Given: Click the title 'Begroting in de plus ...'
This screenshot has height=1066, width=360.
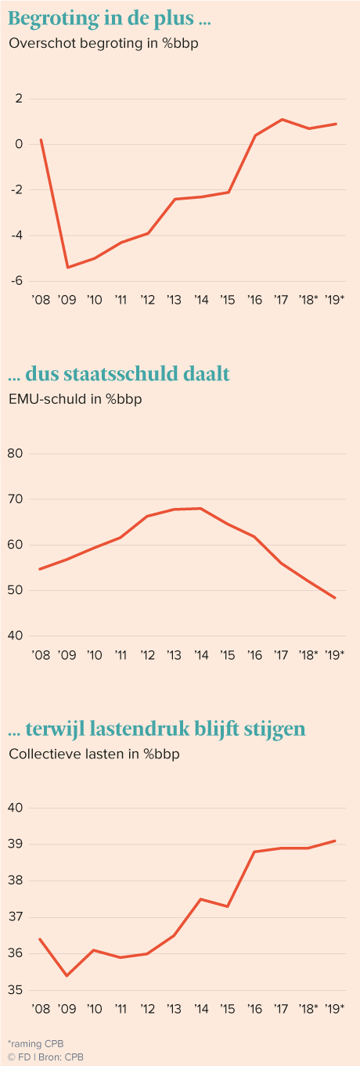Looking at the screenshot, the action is pyautogui.click(x=110, y=19).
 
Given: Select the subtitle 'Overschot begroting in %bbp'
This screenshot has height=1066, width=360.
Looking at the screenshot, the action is pyautogui.click(x=103, y=43).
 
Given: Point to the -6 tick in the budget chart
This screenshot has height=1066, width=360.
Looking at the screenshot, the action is pyautogui.click(x=16, y=281).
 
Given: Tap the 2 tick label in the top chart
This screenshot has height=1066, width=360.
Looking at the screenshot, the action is pyautogui.click(x=19, y=99).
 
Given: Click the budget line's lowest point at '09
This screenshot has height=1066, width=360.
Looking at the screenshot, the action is pyautogui.click(x=67, y=268).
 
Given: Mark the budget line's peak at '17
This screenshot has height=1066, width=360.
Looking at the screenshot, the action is pyautogui.click(x=282, y=119).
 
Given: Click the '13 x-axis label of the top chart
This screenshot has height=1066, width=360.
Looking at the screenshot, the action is pyautogui.click(x=174, y=300).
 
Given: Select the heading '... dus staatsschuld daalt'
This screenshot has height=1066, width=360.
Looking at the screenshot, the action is pyautogui.click(x=119, y=374).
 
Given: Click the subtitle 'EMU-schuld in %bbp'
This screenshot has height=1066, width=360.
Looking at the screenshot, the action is pyautogui.click(x=75, y=399).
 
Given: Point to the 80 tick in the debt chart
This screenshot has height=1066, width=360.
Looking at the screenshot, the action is pyautogui.click(x=15, y=453).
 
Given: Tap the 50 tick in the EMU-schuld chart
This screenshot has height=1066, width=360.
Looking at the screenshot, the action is pyautogui.click(x=15, y=590).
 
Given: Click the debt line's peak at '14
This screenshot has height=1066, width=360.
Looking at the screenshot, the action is pyautogui.click(x=201, y=508).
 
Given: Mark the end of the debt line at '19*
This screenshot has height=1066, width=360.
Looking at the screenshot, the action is pyautogui.click(x=335, y=598).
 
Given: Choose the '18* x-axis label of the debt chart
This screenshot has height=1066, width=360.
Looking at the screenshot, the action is pyautogui.click(x=308, y=655).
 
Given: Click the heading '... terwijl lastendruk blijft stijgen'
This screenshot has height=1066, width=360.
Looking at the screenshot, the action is pyautogui.click(x=157, y=729).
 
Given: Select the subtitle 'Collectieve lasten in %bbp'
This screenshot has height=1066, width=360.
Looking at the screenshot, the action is pyautogui.click(x=94, y=754).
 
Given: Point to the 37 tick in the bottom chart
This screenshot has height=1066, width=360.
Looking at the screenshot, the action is pyautogui.click(x=15, y=917).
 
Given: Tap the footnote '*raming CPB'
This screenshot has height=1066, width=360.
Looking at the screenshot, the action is pyautogui.click(x=36, y=1043).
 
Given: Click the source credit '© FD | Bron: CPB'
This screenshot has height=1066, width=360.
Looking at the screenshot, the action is pyautogui.click(x=45, y=1057).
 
